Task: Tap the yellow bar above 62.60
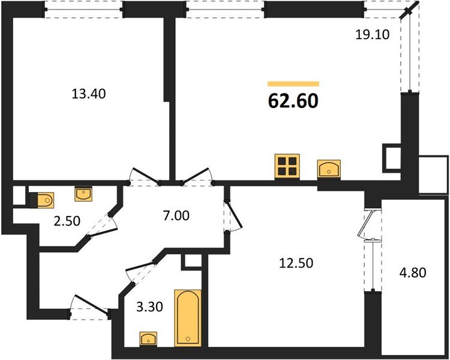coord(293,84)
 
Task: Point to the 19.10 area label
coord(371,34)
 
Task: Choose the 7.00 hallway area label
coord(176,214)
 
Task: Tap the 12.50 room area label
coord(296,262)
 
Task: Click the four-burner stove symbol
coord(287,166)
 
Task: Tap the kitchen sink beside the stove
coord(328,169)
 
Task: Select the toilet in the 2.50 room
coord(41,198)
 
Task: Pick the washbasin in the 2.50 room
coord(82,194)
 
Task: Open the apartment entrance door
coord(89,305)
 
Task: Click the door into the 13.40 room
coord(144,176)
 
